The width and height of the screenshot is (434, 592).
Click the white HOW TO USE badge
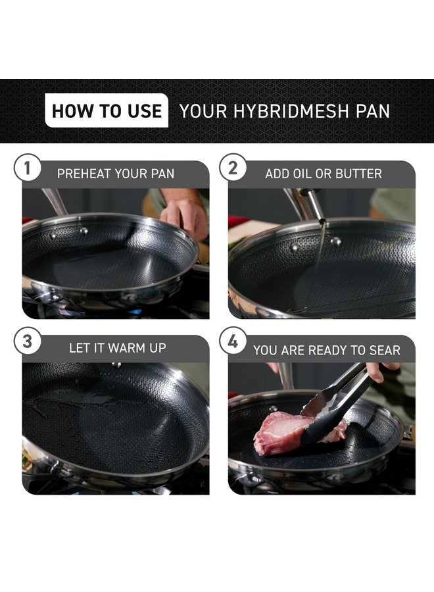[107, 111]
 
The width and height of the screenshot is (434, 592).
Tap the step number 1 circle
[27, 168]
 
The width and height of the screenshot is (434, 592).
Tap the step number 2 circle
[233, 168]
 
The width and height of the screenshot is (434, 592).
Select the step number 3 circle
[27, 342]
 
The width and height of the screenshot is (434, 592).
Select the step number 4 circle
[233, 342]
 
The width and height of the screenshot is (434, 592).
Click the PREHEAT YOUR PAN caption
[116, 174]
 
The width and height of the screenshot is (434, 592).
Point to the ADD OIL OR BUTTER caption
[324, 174]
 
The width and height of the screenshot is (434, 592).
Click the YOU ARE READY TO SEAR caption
[326, 350]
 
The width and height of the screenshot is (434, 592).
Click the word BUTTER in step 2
[358, 174]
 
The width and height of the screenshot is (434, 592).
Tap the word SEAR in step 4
[384, 350]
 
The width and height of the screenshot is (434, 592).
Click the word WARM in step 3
[125, 348]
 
